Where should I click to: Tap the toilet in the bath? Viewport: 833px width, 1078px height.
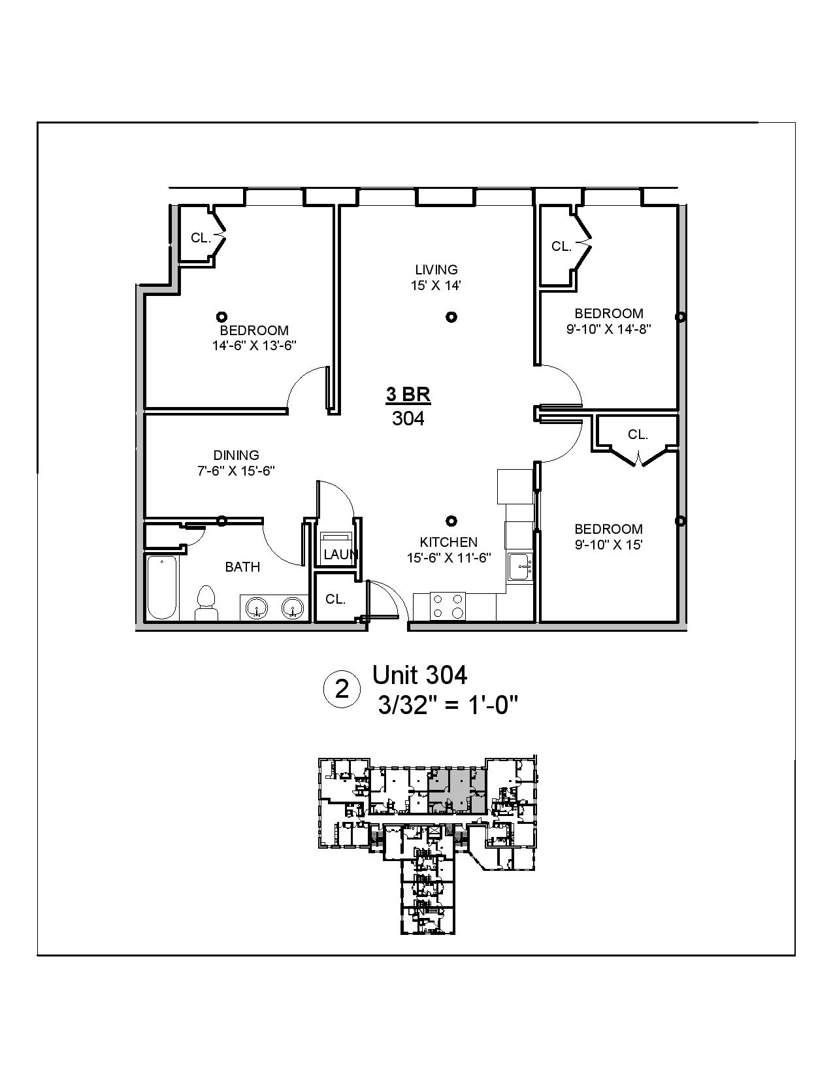click(x=206, y=602)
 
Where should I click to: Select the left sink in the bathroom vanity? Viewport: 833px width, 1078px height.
click(x=257, y=608)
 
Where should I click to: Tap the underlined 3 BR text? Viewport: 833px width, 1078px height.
click(x=408, y=395)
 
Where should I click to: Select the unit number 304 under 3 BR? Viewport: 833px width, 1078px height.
click(x=408, y=418)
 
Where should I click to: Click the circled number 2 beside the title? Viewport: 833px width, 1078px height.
click(x=342, y=689)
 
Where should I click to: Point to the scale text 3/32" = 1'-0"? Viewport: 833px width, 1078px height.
click(x=448, y=705)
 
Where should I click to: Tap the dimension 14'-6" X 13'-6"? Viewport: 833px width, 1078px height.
click(x=254, y=346)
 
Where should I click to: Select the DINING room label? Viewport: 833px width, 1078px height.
click(x=237, y=455)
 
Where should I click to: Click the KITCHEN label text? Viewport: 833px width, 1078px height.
click(x=448, y=542)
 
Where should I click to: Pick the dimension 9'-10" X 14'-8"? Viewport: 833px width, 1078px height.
click(x=609, y=329)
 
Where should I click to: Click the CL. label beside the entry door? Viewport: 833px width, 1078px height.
click(x=335, y=599)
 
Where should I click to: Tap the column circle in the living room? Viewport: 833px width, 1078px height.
click(x=451, y=317)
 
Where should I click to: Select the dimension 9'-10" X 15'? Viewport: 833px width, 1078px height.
click(x=609, y=545)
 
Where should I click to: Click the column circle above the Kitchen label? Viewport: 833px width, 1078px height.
click(x=451, y=521)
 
